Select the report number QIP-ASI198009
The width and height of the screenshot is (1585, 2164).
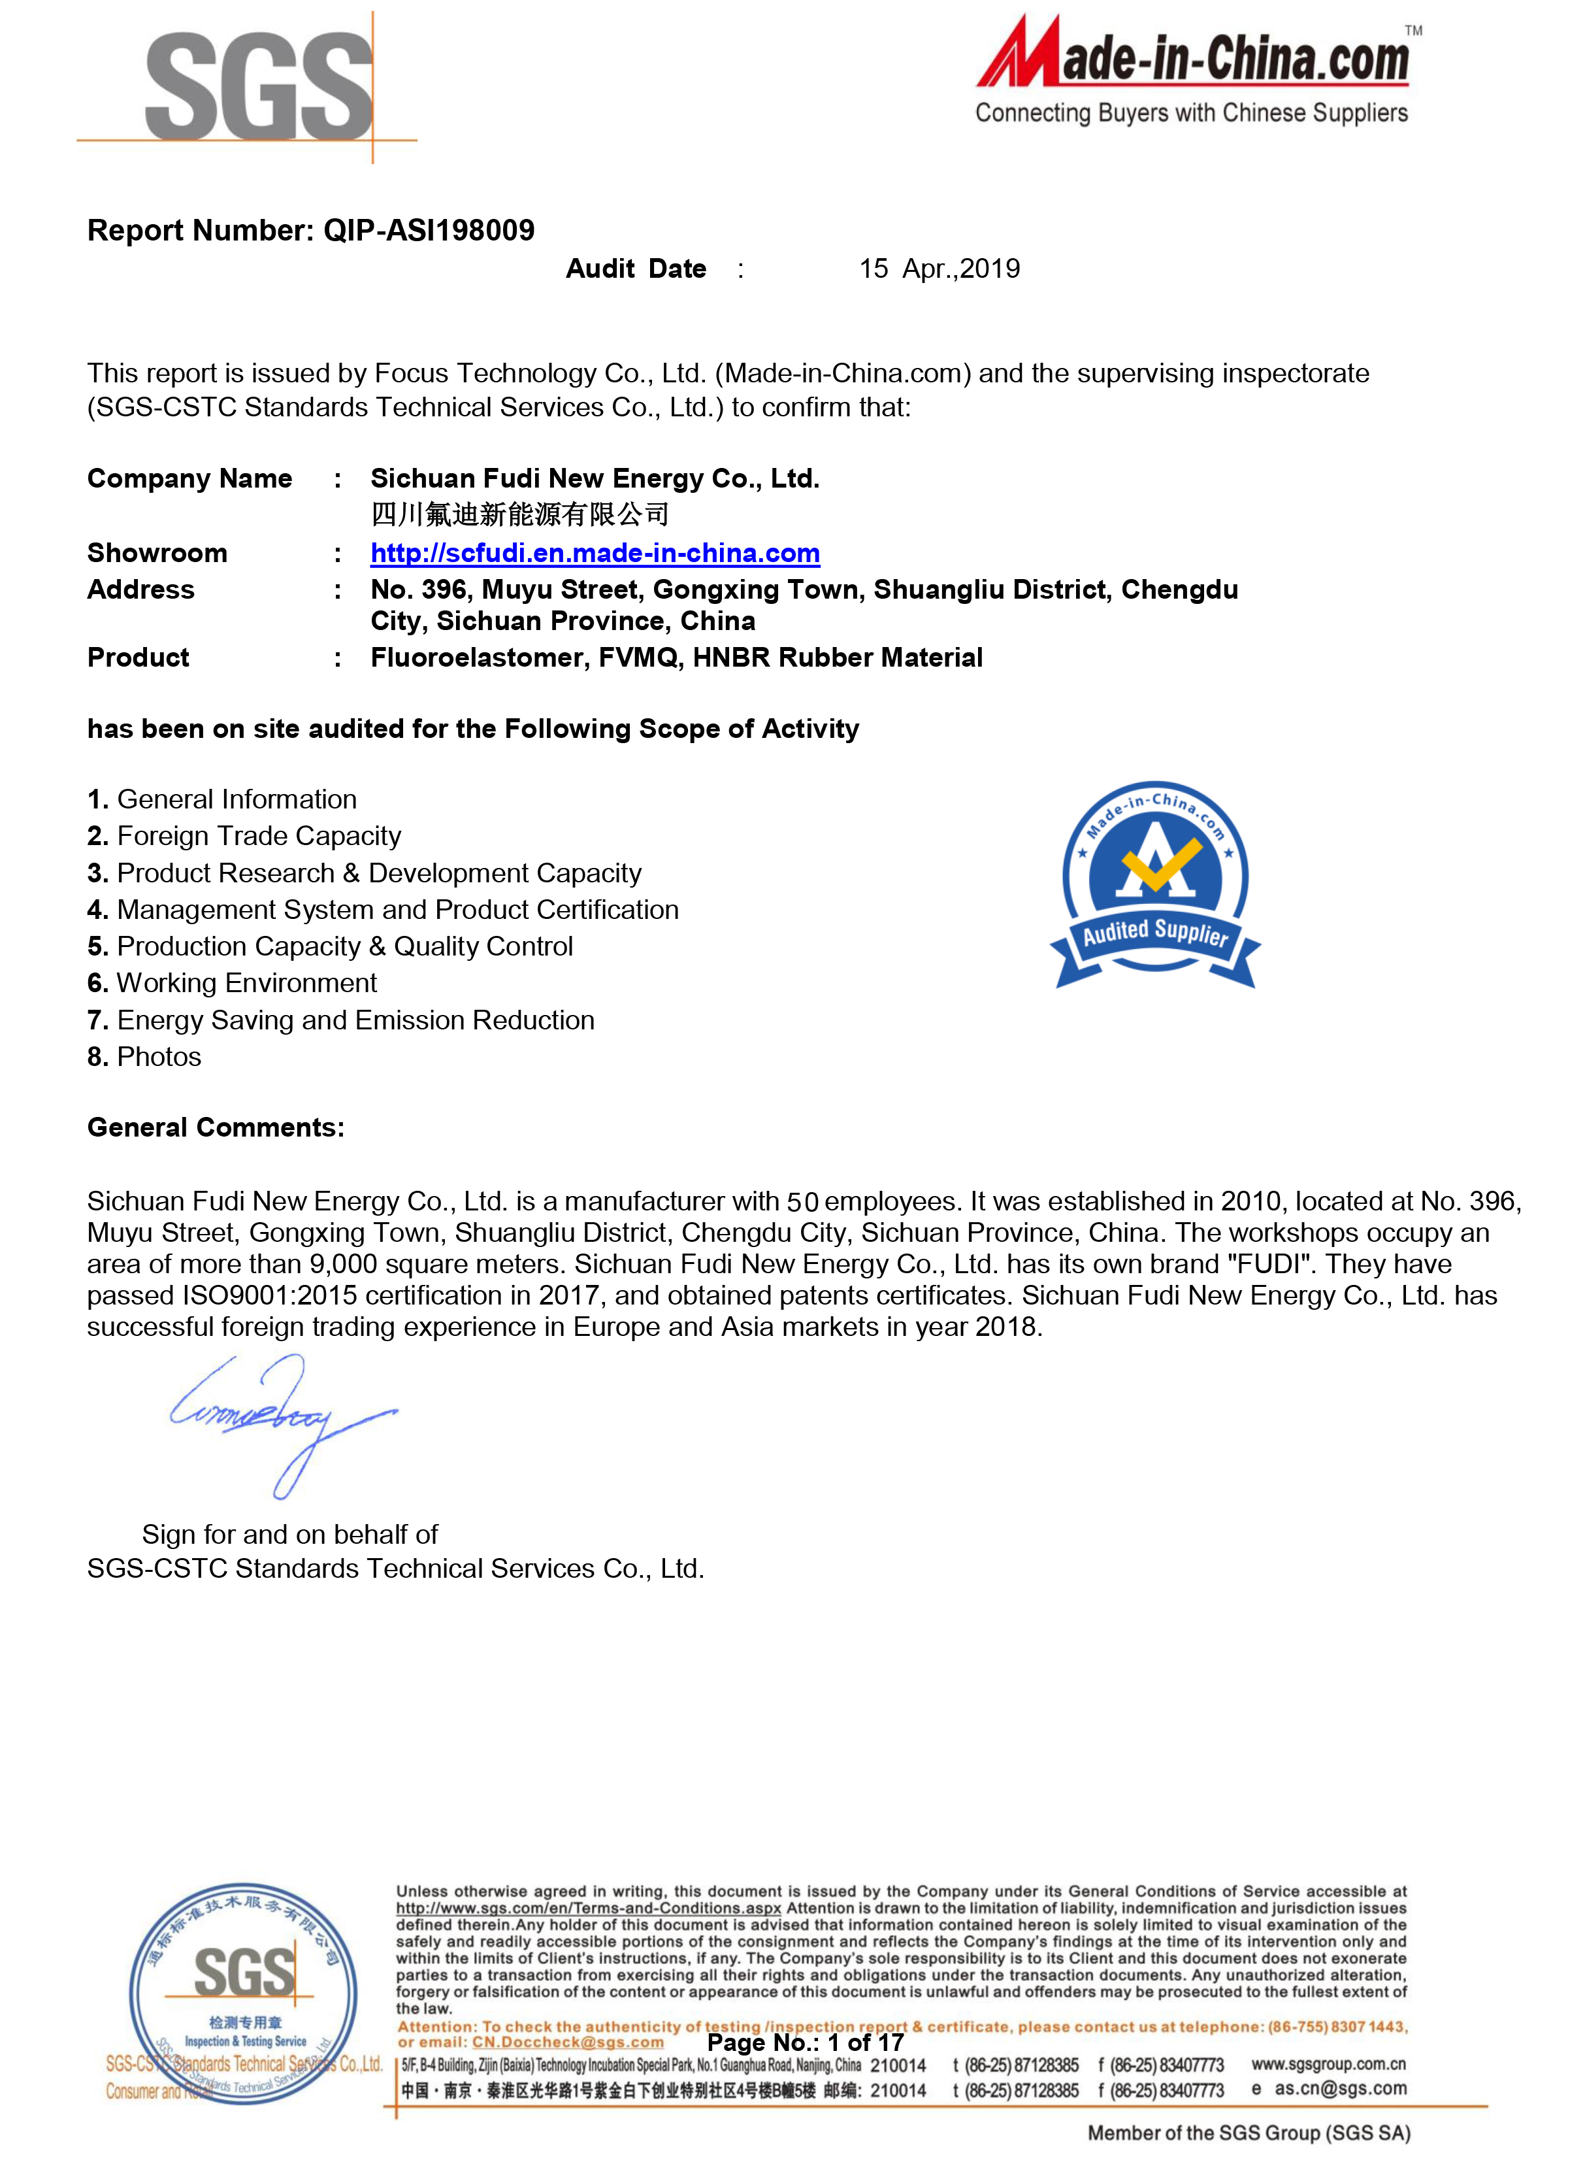tap(429, 230)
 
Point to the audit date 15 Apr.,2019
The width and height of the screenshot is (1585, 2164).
tap(940, 269)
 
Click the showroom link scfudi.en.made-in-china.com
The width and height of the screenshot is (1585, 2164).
tap(595, 553)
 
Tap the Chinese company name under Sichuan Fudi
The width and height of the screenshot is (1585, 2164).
tap(519, 514)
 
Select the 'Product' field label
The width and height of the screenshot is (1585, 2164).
tap(138, 658)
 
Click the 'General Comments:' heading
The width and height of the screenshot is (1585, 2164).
tap(216, 1127)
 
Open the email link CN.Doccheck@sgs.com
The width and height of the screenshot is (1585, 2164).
tap(567, 2042)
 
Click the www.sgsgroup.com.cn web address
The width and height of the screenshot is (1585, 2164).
tap(1328, 2063)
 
